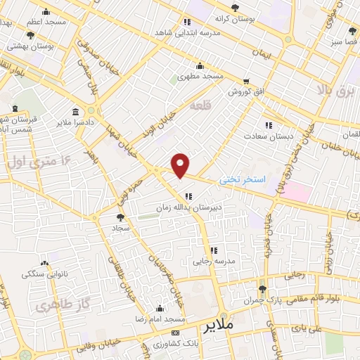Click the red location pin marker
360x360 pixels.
(181, 165)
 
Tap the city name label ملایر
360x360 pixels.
(220, 328)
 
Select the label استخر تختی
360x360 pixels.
(241, 180)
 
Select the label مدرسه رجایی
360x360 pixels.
(212, 261)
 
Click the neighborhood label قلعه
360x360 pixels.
(200, 105)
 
